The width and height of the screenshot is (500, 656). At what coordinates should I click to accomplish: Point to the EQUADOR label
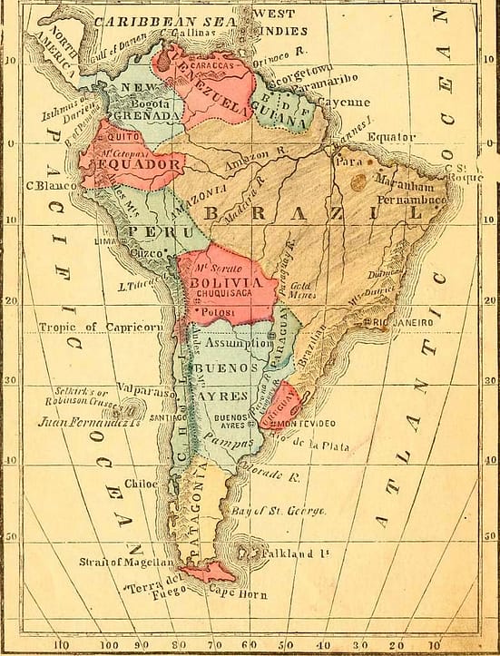140,165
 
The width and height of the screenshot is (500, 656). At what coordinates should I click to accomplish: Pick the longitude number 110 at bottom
63,646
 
